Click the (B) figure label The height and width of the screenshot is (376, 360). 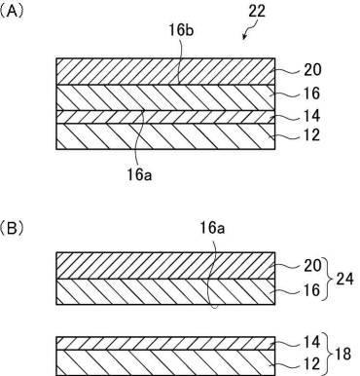tap(15, 232)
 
